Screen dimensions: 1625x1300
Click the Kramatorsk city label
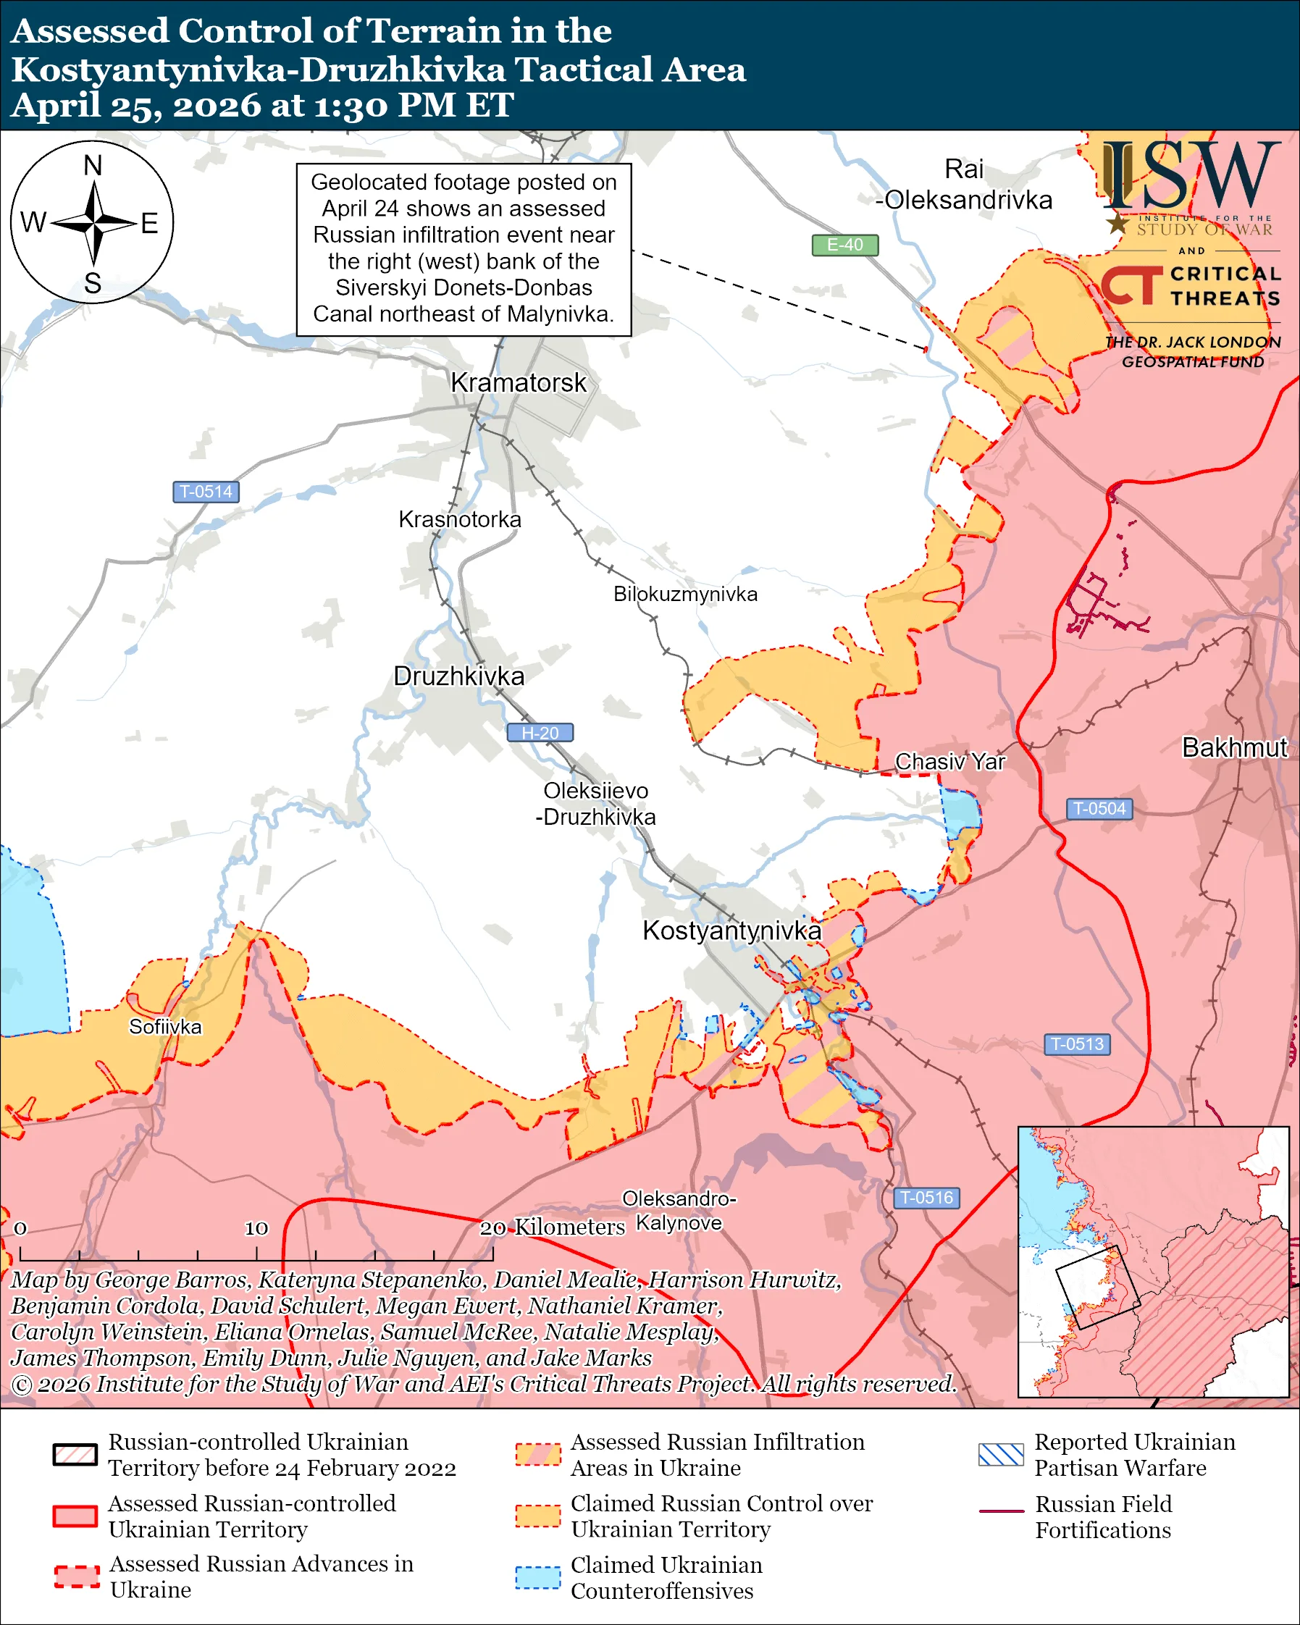click(x=518, y=383)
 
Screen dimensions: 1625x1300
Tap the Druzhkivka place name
click(x=459, y=676)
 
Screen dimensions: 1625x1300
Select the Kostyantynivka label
click(x=731, y=931)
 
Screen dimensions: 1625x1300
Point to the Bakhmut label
click(x=1234, y=747)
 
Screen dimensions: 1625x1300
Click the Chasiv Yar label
click(x=949, y=762)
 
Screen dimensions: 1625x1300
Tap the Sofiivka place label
click(x=165, y=1028)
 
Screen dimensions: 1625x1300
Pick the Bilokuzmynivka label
click(x=685, y=595)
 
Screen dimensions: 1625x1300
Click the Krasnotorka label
click(x=460, y=520)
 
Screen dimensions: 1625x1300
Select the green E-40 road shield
click(x=844, y=245)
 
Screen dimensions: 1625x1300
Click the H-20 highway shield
click(x=540, y=733)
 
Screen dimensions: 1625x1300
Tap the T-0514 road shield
click(x=206, y=492)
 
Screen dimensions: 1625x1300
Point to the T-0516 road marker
click(x=926, y=1198)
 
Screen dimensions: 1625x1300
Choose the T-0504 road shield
click(x=1099, y=809)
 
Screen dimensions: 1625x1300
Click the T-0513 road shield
click(x=1077, y=1044)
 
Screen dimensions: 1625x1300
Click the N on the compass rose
click(x=93, y=166)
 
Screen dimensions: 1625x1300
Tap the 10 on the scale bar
click(x=256, y=1229)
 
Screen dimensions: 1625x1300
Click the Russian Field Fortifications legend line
click(x=1001, y=1511)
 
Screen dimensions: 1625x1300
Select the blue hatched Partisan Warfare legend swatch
click(x=1001, y=1455)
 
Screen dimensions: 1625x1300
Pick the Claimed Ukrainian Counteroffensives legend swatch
click(x=538, y=1576)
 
